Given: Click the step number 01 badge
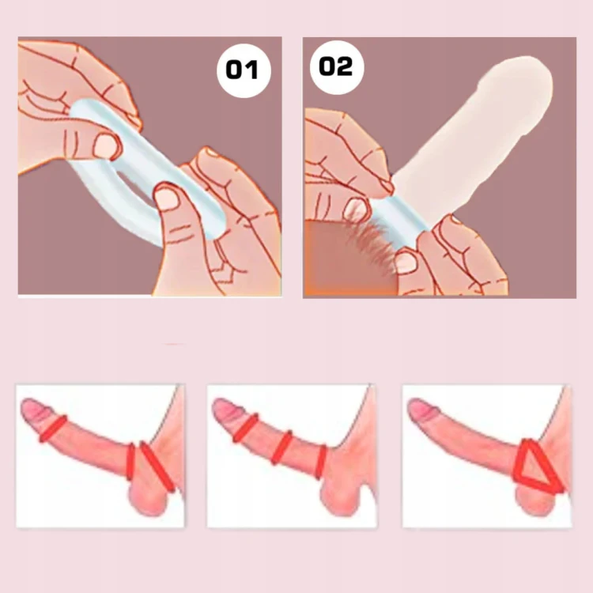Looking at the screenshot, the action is pos(244,70).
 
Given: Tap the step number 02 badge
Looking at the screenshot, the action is pos(337,67).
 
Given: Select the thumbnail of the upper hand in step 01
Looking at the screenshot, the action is pos(104,146).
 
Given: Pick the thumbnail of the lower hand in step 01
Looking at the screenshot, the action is pos(166,198).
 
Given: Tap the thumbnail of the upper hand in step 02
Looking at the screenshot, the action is pos(357,207).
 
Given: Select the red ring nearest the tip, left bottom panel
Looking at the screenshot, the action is pos(53,429).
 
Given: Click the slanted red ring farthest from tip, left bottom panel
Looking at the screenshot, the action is pos(157,466).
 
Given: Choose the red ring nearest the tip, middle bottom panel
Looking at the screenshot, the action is pos(245,428).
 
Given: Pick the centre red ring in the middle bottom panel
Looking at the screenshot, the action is pos(281,448).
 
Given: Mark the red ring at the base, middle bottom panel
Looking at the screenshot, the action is pos(321,463).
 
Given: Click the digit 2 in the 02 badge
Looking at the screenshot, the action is pos(345,67).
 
